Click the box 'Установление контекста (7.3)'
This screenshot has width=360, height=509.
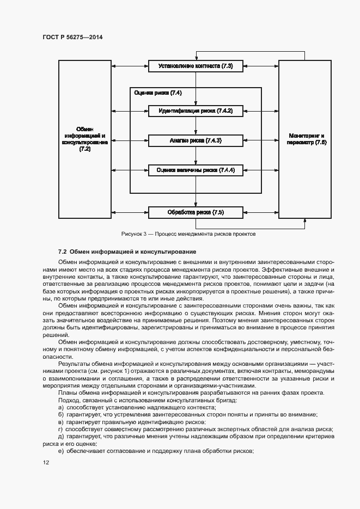tap(196, 66)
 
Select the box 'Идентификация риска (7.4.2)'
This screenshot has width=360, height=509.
tap(196, 111)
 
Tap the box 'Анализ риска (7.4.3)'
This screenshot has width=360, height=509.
tap(196, 140)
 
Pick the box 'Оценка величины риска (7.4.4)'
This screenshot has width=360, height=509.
tap(196, 170)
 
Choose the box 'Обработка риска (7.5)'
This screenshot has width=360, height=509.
tap(196, 212)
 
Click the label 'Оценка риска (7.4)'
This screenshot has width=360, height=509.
tap(158, 93)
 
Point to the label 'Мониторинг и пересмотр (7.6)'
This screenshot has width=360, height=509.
tap(304, 138)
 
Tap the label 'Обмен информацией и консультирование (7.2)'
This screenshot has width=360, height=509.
tap(84, 138)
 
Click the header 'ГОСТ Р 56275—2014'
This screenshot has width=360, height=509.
tap(72, 37)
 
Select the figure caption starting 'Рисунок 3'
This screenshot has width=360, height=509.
tap(188, 234)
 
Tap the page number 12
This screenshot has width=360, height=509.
tap(46, 462)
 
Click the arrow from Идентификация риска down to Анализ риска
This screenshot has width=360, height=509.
tap(196, 126)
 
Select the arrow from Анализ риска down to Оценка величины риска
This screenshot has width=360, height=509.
tap(196, 155)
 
